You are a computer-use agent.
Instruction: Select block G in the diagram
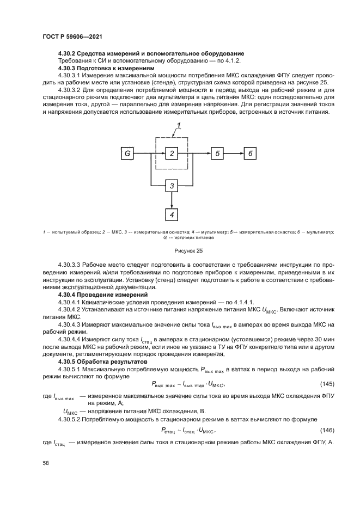[127, 154]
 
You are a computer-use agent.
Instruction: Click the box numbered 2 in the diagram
[172, 154]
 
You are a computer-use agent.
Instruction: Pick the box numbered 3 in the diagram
[172, 186]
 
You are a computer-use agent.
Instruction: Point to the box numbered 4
[172, 214]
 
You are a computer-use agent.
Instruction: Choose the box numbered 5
[217, 154]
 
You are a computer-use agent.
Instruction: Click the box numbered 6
[251, 154]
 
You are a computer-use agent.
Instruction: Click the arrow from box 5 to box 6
[234, 154]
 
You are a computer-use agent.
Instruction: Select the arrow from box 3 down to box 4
[172, 200]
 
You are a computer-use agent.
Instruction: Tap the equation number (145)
[326, 384]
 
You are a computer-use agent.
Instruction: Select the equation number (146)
[326, 430]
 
